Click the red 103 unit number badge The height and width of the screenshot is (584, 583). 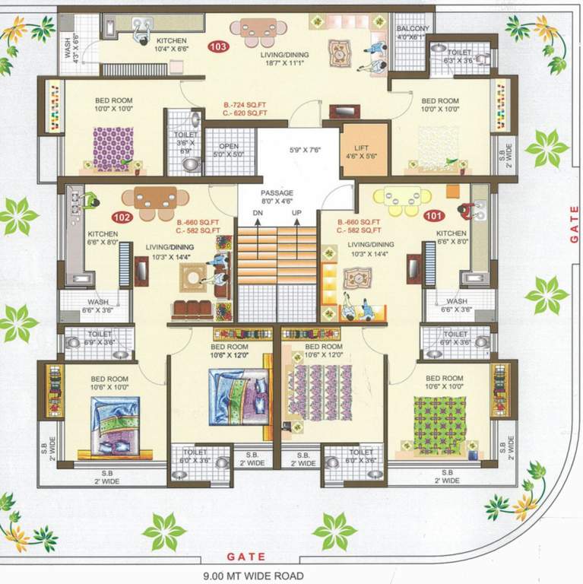click(x=220, y=46)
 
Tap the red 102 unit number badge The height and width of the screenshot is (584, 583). click(x=122, y=217)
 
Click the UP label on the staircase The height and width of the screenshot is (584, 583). click(x=297, y=213)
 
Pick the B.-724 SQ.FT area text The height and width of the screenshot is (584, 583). click(x=245, y=103)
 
